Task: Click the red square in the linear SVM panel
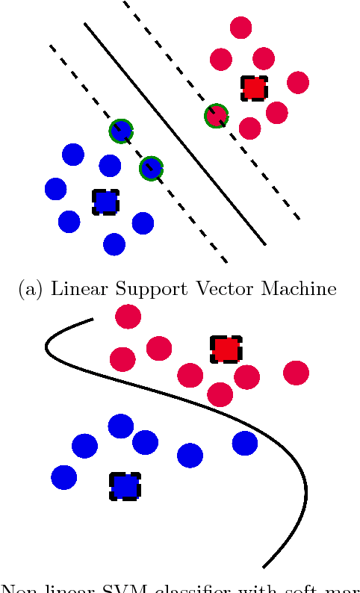[254, 88]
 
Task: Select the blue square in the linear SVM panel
[105, 202]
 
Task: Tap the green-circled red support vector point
[216, 115]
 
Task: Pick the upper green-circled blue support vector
[120, 131]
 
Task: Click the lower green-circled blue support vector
[151, 168]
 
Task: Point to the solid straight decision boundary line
[175, 134]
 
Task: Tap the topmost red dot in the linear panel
[240, 28]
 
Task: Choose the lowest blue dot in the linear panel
[114, 243]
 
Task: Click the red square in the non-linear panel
[225, 349]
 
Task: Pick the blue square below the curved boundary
[125, 486]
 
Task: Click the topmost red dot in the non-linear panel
[128, 317]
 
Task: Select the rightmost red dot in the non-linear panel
[296, 372]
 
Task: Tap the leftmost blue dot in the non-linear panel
[63, 476]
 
